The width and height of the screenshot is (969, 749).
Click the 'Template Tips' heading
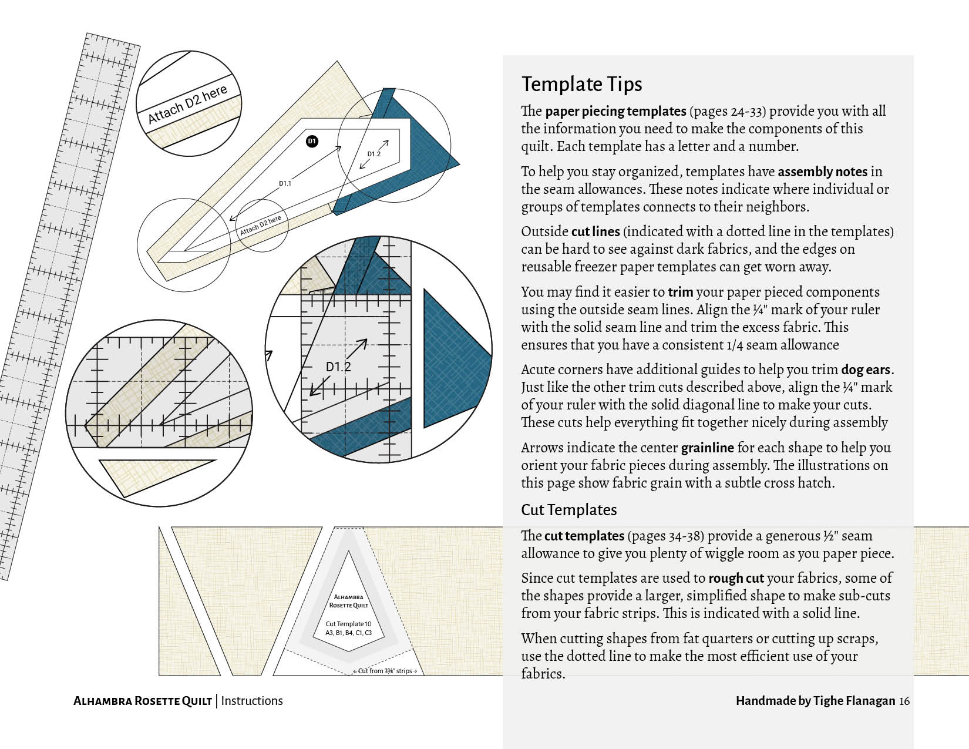click(x=581, y=84)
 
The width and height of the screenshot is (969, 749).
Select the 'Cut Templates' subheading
click(x=568, y=509)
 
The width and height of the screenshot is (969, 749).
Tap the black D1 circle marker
click(x=312, y=141)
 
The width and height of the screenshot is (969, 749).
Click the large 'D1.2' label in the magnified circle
click(x=338, y=367)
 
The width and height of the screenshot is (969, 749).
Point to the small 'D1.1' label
click(x=285, y=183)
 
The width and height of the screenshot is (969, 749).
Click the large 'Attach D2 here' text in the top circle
click(x=187, y=105)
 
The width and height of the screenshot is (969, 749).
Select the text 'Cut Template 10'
click(x=349, y=624)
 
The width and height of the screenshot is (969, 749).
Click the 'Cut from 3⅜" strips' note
click(x=385, y=671)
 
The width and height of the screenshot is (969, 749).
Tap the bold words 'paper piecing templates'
click(x=615, y=111)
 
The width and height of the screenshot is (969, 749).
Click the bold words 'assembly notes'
click(x=822, y=172)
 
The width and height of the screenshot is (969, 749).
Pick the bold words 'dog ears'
click(x=866, y=370)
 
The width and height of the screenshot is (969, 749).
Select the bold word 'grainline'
click(x=707, y=448)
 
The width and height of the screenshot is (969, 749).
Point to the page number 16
click(x=904, y=701)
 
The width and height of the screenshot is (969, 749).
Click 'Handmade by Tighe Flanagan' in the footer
click(x=815, y=701)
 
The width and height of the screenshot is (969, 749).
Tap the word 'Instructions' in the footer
click(x=252, y=701)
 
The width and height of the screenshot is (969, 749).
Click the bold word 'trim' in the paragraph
click(x=680, y=292)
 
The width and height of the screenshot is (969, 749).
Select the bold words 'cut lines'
click(x=595, y=231)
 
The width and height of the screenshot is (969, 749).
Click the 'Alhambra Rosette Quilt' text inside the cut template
click(x=349, y=601)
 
